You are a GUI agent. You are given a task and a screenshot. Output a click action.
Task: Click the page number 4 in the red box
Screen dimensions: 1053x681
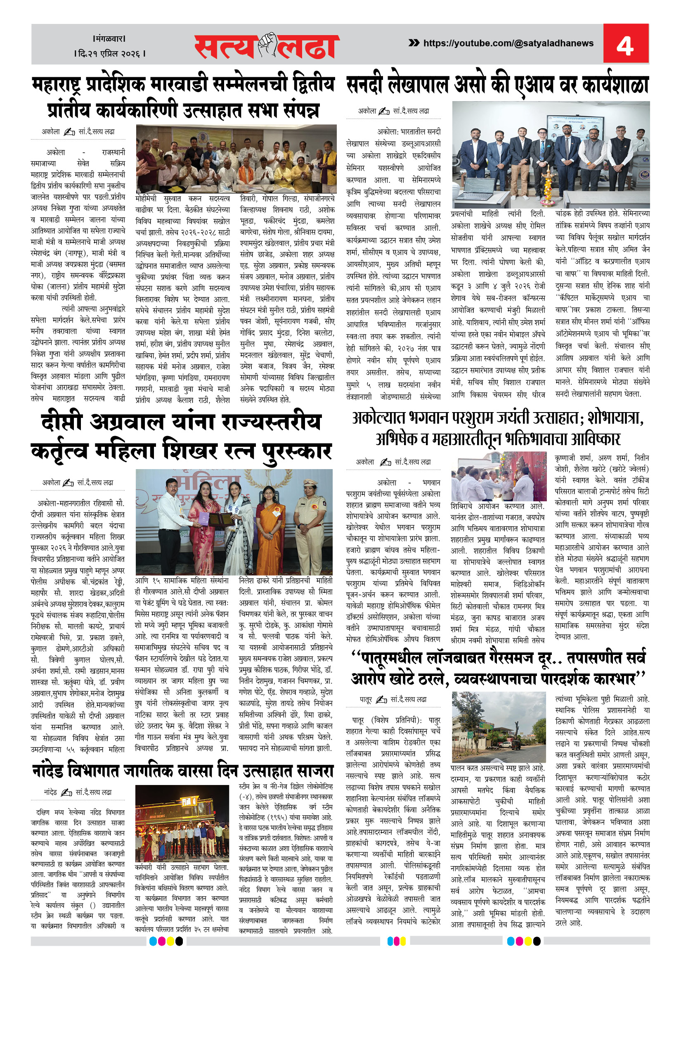[625, 45]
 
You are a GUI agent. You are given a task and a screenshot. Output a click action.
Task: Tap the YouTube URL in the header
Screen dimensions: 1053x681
[508, 43]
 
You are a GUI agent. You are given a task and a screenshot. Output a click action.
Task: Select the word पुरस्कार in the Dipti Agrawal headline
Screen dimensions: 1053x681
[297, 452]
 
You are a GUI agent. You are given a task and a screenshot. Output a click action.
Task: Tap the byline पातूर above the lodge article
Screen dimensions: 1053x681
[365, 700]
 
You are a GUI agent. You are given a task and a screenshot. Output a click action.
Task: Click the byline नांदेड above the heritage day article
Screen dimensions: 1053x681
[50, 792]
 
